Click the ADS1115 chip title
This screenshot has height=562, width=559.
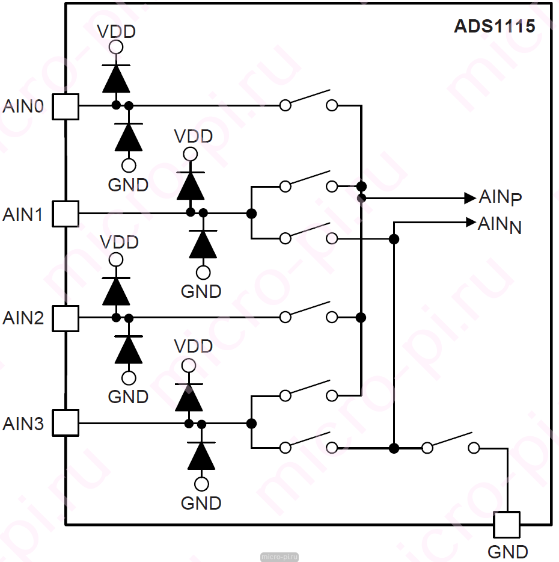click(494, 26)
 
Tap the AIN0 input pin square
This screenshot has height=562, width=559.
click(66, 107)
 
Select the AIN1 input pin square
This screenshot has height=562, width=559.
click(66, 214)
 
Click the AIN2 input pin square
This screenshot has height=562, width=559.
click(66, 318)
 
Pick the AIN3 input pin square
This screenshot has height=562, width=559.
click(66, 423)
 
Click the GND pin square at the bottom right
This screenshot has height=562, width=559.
click(507, 525)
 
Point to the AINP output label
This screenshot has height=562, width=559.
click(500, 197)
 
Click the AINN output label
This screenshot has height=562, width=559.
click(499, 224)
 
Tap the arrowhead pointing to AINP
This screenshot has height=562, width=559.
click(470, 198)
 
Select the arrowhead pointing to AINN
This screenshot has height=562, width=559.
click(471, 222)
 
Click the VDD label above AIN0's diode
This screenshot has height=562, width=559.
click(117, 31)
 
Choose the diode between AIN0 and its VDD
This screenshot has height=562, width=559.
click(116, 78)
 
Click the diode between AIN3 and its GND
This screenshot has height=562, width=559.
click(201, 455)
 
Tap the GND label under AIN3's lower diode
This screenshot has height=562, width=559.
click(201, 503)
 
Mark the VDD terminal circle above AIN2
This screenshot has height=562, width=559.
click(116, 259)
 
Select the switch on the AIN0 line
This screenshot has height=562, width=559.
click(308, 100)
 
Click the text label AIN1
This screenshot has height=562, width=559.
click(23, 214)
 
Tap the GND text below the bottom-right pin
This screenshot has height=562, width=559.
click(508, 552)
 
